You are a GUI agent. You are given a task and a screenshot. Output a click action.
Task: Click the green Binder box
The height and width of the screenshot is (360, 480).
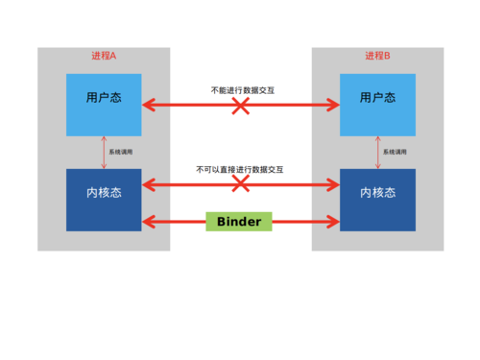point(239,221)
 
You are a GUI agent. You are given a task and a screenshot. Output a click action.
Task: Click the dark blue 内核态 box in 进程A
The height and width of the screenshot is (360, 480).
point(104,192)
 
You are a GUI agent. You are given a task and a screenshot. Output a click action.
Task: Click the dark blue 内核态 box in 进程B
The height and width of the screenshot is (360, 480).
point(378,192)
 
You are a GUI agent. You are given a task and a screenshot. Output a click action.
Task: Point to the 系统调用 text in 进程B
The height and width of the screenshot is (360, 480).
point(396,152)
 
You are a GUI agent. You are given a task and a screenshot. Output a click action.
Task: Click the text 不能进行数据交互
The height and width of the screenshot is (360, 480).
point(240,89)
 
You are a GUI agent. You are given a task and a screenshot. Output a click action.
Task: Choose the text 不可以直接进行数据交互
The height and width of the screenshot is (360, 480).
point(240,169)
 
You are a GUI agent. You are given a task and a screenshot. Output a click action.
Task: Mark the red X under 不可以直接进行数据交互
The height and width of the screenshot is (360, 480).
point(240,184)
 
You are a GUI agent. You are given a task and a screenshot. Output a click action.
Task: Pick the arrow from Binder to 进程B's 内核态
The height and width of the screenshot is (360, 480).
point(305,222)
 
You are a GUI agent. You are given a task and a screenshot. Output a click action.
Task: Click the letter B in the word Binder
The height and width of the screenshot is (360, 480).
point(222,221)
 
